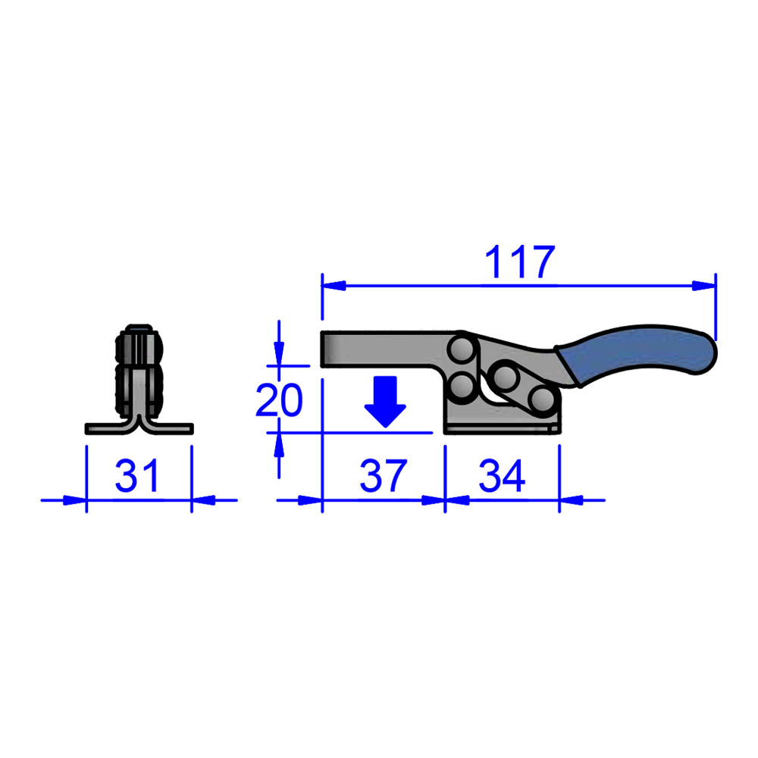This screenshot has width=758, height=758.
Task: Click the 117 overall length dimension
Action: coord(520,262)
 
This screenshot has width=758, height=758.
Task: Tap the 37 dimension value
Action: coord(384,477)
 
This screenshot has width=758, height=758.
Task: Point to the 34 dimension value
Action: coord(502,477)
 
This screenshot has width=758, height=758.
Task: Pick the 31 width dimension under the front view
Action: coord(139,477)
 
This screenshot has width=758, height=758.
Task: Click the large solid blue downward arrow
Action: coord(386,402)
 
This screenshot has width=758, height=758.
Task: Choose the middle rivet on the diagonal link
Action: coord(502,376)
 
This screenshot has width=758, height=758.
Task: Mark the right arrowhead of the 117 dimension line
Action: coord(705,286)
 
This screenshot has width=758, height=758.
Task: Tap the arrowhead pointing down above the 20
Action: coord(279,355)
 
